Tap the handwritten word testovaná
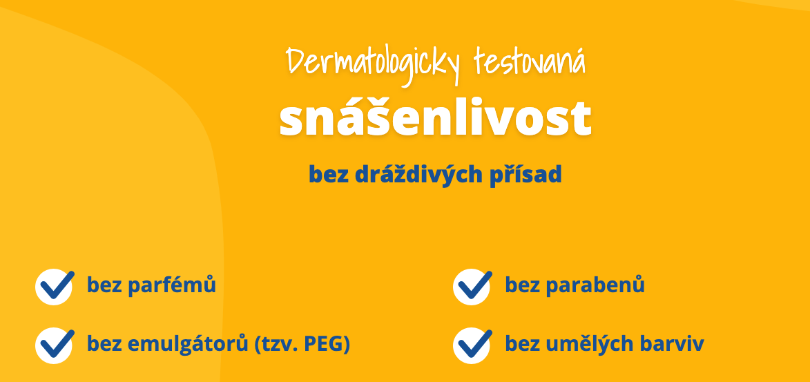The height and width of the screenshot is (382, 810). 530,61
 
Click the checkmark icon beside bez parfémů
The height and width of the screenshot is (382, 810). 55,287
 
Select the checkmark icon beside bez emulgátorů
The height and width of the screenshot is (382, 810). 55,345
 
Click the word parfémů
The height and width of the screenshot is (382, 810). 171,285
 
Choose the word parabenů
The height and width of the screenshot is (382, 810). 595,285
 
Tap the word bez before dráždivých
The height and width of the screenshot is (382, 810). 329,174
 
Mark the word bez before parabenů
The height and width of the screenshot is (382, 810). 522,285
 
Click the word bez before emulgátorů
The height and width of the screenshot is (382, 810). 104,344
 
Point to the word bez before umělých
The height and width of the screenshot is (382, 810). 522,344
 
